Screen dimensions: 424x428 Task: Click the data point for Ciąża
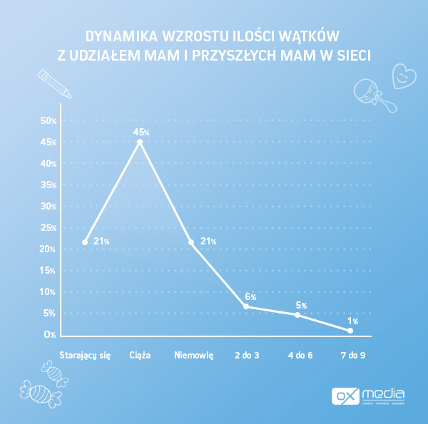[140, 142]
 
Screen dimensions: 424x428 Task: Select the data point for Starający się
[85, 242]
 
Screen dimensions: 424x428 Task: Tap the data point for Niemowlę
[191, 242]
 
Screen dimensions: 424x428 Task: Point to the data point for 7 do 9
[350, 331]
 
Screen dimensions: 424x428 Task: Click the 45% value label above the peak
[141, 132]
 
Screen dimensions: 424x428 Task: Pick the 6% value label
[250, 296]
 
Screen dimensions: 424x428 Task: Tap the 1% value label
[353, 321]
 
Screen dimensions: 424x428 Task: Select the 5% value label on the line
[301, 306]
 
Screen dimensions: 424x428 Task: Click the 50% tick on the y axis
[49, 121]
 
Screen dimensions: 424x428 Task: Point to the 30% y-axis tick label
[49, 207]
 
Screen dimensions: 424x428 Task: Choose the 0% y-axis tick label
[49, 335]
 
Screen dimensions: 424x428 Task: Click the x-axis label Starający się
[85, 355]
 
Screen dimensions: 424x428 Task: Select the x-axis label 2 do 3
[248, 355]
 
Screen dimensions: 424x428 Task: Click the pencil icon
[54, 83]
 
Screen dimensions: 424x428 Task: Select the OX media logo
[369, 395]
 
